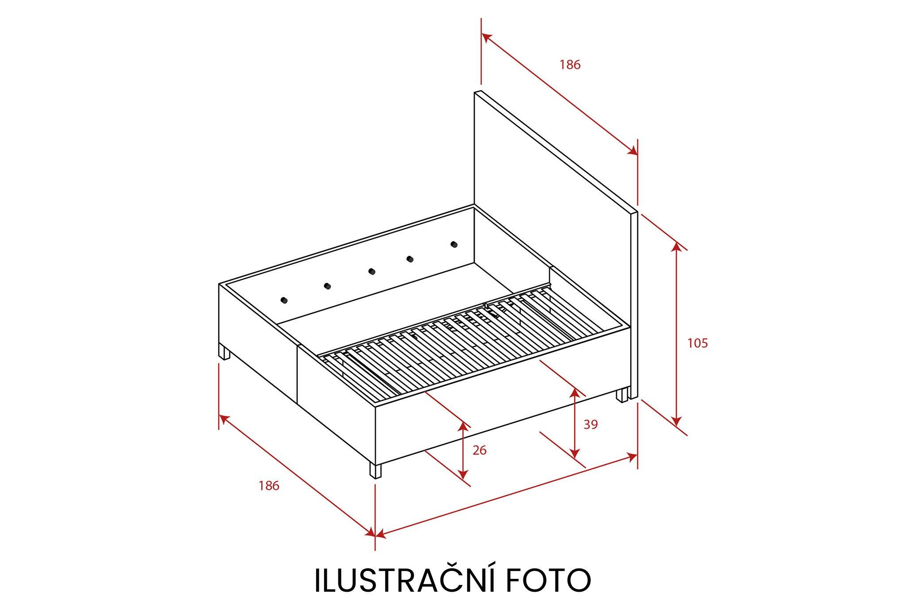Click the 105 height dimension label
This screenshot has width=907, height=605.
[698, 343]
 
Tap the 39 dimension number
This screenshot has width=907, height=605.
[591, 424]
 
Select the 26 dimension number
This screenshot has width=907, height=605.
[480, 450]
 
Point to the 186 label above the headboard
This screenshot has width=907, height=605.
[570, 65]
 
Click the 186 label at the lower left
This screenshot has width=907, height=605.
[269, 486]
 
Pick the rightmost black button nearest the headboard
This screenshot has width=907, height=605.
[453, 244]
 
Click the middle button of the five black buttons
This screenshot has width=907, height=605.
[371, 271]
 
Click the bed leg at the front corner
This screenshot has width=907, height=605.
[375, 471]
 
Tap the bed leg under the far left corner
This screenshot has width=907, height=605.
[225, 353]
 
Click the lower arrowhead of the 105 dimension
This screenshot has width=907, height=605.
[676, 421]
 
